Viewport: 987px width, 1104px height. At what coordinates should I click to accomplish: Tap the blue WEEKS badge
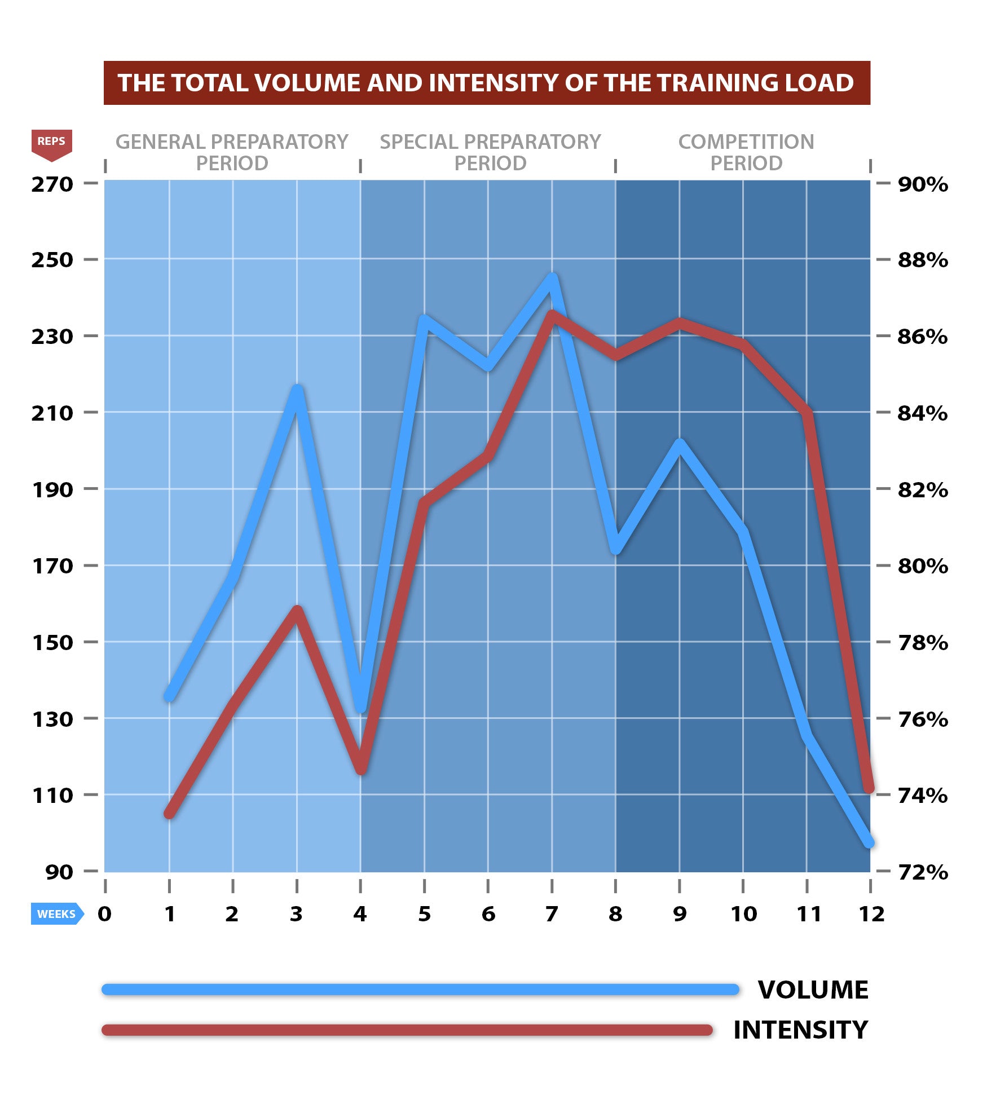click(56, 914)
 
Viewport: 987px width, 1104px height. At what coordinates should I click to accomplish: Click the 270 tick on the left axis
click(52, 184)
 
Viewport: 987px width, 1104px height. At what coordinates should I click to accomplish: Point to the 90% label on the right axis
click(923, 184)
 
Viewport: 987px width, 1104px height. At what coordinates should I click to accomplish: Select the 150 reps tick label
click(52, 642)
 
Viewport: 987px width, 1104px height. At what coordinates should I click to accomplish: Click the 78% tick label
click(923, 642)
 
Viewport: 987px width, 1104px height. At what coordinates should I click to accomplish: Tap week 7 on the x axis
click(552, 914)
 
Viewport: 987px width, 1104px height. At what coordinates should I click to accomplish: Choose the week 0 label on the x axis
click(105, 914)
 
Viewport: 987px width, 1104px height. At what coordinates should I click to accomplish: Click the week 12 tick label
click(871, 914)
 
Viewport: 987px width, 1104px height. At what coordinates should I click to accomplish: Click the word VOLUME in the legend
click(813, 990)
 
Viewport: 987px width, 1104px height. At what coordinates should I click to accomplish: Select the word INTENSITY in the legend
click(800, 1030)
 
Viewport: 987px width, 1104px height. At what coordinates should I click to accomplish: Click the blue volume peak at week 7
click(552, 277)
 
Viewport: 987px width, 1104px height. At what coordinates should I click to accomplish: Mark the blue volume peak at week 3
click(297, 389)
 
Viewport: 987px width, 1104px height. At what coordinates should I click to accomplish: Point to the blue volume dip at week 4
click(361, 707)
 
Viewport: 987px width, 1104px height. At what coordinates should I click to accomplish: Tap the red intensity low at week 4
click(361, 770)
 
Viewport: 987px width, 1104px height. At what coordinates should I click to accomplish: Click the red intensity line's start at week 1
click(169, 814)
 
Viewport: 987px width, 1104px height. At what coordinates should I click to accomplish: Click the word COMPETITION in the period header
click(746, 142)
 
